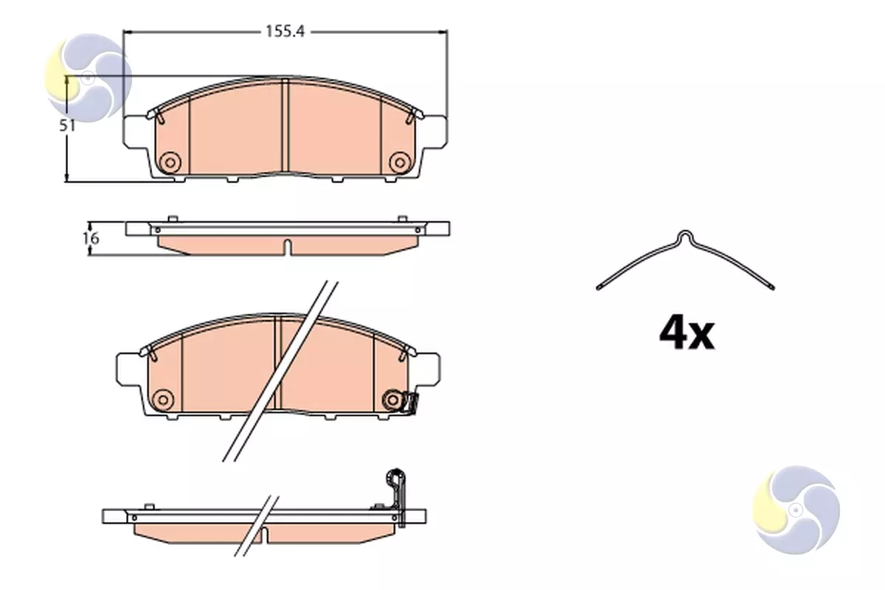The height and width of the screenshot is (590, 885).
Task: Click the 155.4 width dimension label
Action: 285,32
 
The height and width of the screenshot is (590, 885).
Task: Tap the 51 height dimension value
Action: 67,125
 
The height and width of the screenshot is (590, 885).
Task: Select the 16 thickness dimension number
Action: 91,238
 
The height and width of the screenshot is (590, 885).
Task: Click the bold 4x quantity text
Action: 687,334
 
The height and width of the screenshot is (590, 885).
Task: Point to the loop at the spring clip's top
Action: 685,235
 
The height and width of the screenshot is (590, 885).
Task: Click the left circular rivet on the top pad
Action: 170,162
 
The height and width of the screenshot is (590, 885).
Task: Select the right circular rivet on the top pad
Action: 400,162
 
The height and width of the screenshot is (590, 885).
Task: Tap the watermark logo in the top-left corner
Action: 88,78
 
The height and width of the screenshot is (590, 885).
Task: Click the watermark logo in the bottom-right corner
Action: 796,510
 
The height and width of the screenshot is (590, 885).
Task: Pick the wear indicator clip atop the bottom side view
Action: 396,496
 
